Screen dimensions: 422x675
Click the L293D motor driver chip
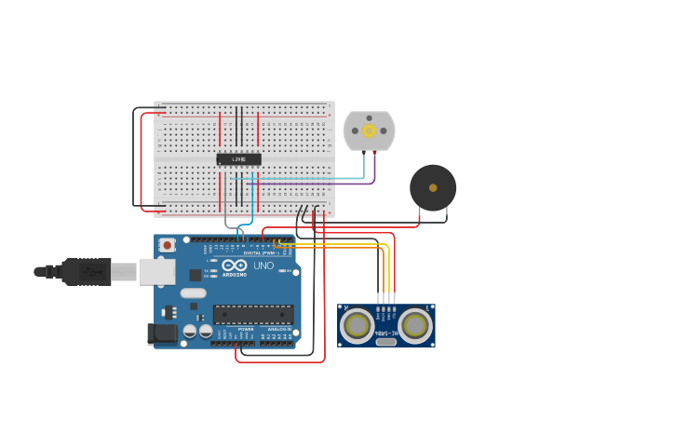click(x=238, y=159)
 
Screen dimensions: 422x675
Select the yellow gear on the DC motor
click(x=370, y=130)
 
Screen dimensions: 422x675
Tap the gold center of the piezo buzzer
click(x=433, y=188)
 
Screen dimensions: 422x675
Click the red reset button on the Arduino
click(x=167, y=245)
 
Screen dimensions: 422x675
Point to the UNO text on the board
click(x=263, y=265)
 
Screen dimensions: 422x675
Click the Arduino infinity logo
click(x=234, y=265)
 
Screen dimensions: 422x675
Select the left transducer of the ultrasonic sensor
click(x=357, y=325)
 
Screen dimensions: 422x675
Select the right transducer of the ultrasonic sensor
click(x=415, y=325)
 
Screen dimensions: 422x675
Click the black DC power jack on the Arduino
click(x=164, y=333)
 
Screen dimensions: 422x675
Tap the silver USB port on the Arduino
click(x=156, y=271)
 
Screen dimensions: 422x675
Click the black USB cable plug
click(x=88, y=271)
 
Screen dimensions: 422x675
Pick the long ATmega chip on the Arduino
click(x=252, y=315)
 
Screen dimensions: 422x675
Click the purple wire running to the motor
click(x=374, y=170)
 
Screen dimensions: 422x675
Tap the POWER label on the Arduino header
click(x=246, y=329)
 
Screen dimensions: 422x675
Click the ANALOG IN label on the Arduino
click(x=277, y=329)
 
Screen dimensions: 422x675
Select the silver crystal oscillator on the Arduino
click(x=193, y=293)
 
